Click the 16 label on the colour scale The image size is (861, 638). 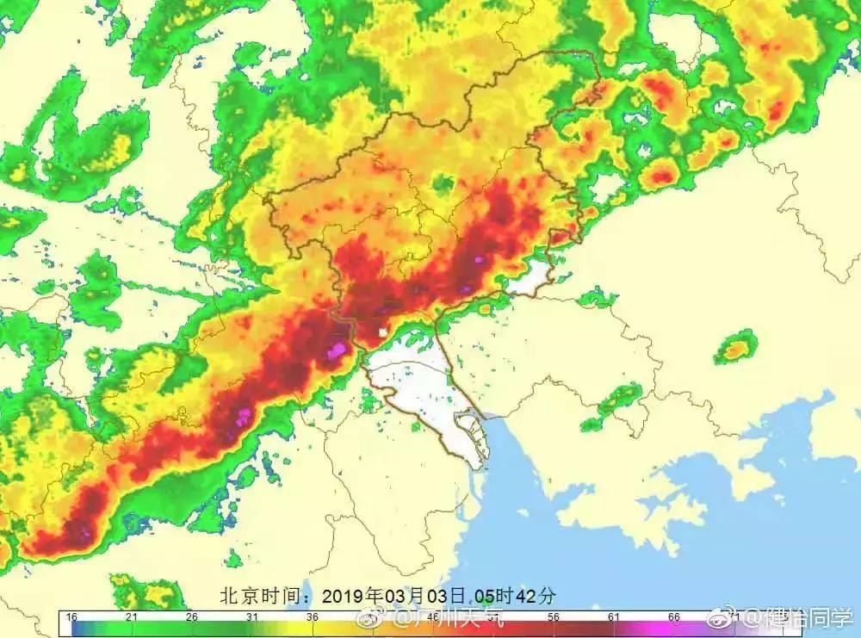tap(71, 617)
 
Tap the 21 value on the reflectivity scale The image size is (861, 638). tap(132, 617)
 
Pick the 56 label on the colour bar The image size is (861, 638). tap(554, 617)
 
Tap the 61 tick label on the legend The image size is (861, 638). tap(614, 617)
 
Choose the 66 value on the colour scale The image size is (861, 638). tap(674, 617)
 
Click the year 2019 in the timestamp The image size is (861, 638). tap(344, 596)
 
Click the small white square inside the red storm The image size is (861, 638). tap(382, 331)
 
